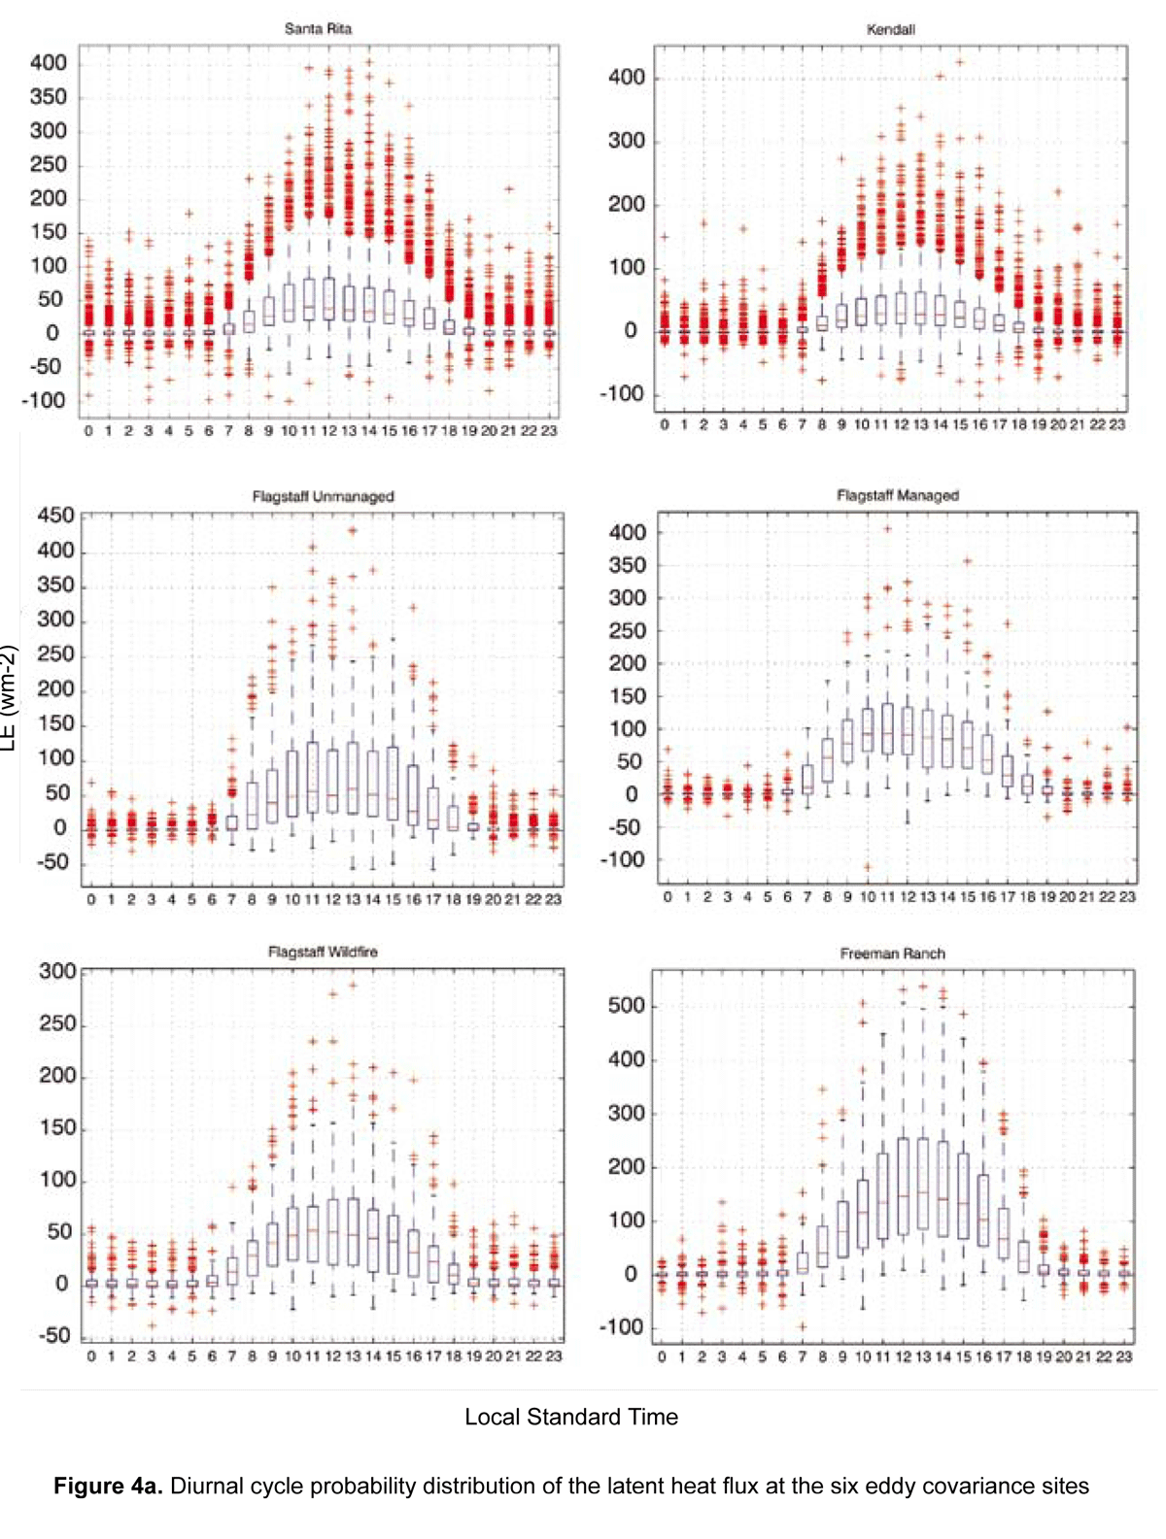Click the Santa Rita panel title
click(x=318, y=29)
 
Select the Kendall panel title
click(x=890, y=30)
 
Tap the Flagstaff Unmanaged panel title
click(x=323, y=496)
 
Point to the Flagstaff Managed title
click(x=897, y=495)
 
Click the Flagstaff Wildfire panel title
click(x=323, y=952)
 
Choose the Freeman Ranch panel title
click(x=892, y=954)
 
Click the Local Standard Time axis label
click(x=570, y=1417)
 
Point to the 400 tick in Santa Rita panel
click(x=49, y=63)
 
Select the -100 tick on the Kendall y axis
click(x=621, y=394)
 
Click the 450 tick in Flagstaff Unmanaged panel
click(x=55, y=516)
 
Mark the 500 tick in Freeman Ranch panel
click(x=626, y=1006)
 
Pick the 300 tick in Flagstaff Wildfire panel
click(x=57, y=972)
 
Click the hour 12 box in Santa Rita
click(x=329, y=299)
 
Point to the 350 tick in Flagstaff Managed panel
click(x=627, y=565)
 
